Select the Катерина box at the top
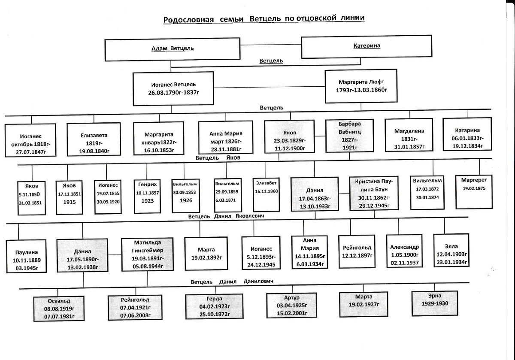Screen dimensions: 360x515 pyautogui.click(x=366, y=45)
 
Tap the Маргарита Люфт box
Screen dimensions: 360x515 pyautogui.click(x=362, y=86)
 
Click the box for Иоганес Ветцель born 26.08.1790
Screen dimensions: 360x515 pyautogui.click(x=173, y=88)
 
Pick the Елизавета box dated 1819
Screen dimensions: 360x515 pyautogui.click(x=94, y=139)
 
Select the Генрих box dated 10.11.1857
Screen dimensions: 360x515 pyautogui.click(x=147, y=195)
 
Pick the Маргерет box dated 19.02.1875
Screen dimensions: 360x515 pyautogui.click(x=474, y=191)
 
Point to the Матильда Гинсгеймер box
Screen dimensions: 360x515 pyautogui.click(x=147, y=254)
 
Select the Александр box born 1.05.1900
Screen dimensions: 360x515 pyautogui.click(x=404, y=253)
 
